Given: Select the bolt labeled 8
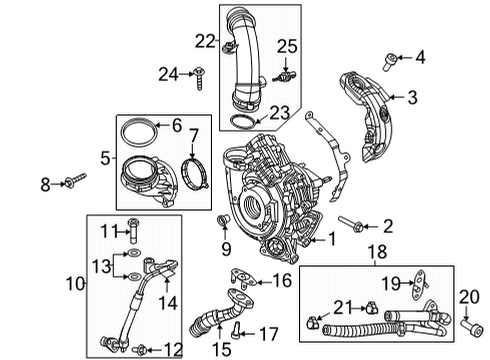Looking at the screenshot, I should click(x=74, y=182).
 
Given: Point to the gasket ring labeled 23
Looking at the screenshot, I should click(x=241, y=123).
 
